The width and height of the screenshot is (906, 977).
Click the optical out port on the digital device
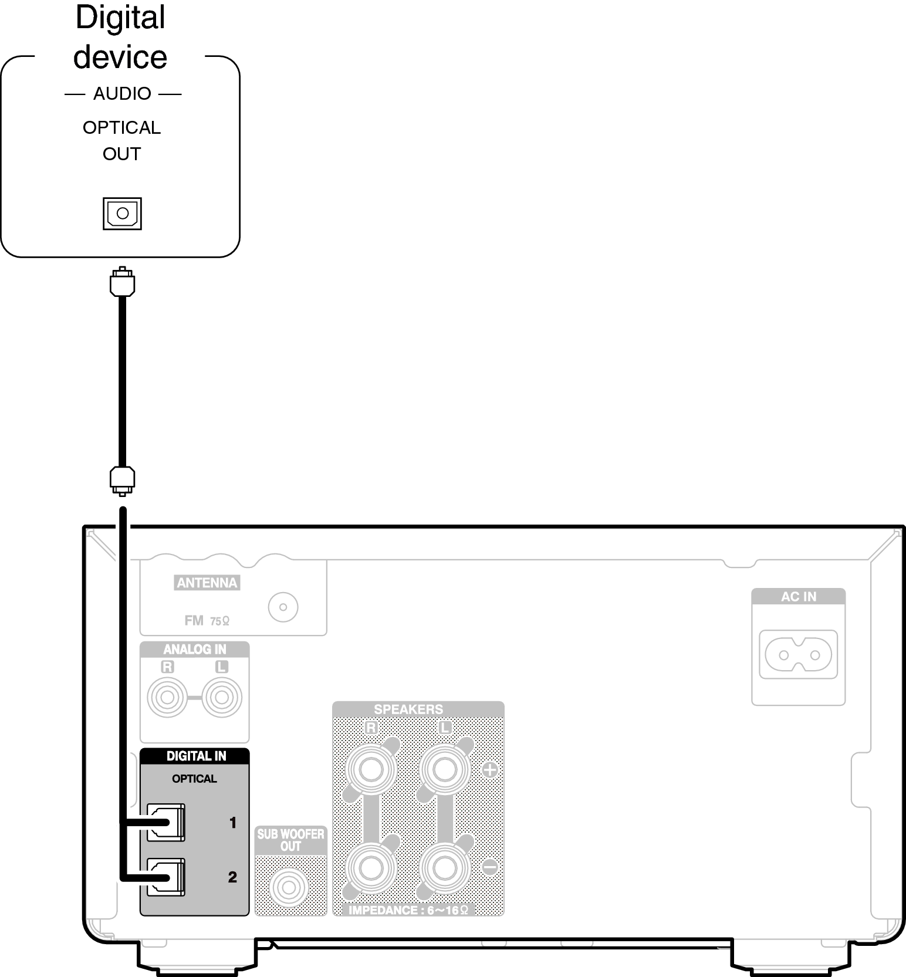[x=122, y=213]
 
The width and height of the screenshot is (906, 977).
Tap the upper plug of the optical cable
[x=122, y=281]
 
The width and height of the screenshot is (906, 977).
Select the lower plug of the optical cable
[x=122, y=480]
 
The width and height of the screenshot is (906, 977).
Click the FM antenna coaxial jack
[x=283, y=607]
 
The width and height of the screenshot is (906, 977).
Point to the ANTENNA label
[x=207, y=583]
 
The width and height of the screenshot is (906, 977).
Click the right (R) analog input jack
[x=167, y=697]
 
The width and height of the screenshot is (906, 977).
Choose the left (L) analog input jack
[x=221, y=697]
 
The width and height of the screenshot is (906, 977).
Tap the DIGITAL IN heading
[x=196, y=756]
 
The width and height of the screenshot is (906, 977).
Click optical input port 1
[x=166, y=822]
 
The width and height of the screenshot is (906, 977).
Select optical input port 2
[x=166, y=877]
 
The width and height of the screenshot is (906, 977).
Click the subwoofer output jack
[x=289, y=887]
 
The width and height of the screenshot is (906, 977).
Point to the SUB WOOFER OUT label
[x=290, y=840]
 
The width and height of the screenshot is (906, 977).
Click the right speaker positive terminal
[x=371, y=769]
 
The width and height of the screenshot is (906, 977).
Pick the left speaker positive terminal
[x=444, y=769]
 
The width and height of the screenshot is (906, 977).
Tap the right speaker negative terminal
[x=371, y=867]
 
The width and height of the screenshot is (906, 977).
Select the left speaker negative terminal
[x=444, y=867]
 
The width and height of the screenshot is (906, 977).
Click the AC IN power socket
[x=798, y=654]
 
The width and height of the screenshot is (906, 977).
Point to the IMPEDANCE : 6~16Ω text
[x=408, y=910]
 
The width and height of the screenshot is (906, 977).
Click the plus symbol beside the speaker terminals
[x=489, y=769]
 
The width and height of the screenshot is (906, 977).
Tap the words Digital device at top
[x=120, y=37]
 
